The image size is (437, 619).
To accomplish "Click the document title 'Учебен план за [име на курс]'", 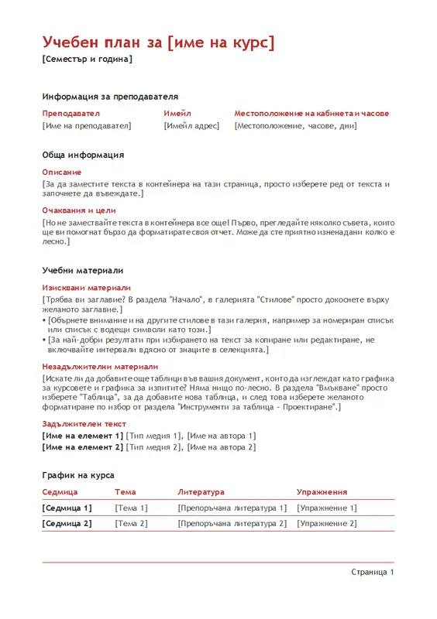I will pyautogui.click(x=158, y=42).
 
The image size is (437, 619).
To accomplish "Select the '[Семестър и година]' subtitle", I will pyautogui.click(x=87, y=60).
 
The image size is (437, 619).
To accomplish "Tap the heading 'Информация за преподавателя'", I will pyautogui.click(x=110, y=97).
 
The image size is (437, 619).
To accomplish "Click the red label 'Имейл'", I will pyautogui.click(x=177, y=113).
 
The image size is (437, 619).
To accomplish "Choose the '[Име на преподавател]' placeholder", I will pyautogui.click(x=87, y=125).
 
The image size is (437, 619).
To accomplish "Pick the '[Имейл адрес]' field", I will pyautogui.click(x=191, y=125).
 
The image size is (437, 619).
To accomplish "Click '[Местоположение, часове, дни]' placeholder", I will pyautogui.click(x=295, y=125).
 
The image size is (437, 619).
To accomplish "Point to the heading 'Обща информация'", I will pyautogui.click(x=83, y=155).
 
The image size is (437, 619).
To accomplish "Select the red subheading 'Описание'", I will pyautogui.click(x=61, y=172).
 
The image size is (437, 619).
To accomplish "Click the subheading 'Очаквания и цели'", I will pyautogui.click(x=78, y=210).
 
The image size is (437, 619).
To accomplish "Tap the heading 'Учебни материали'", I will pyautogui.click(x=83, y=270).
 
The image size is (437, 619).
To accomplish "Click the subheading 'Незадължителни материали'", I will pyautogui.click(x=100, y=367).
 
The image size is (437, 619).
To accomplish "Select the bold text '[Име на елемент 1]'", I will pyautogui.click(x=82, y=436).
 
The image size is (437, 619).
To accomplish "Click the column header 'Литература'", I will pyautogui.click(x=201, y=491).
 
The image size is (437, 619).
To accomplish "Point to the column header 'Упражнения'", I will pyautogui.click(x=322, y=491).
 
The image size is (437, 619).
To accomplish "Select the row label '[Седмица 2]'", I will pyautogui.click(x=67, y=523).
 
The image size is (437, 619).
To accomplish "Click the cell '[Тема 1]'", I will pyautogui.click(x=131, y=508).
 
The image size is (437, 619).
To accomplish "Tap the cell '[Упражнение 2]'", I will pyautogui.click(x=327, y=523).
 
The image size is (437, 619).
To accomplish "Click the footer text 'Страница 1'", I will pyautogui.click(x=372, y=572).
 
